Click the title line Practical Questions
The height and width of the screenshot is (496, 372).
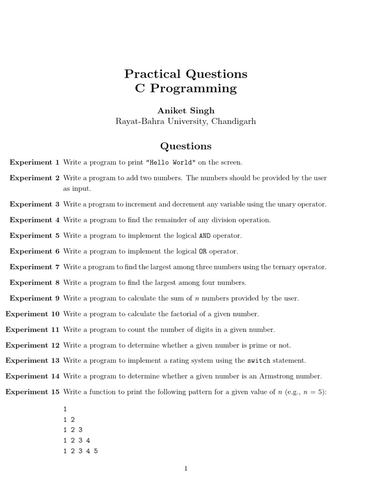(x=186, y=74)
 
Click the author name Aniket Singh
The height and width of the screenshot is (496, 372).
(x=186, y=110)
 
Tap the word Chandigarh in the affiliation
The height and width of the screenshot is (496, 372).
(x=233, y=122)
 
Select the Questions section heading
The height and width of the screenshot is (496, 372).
(x=186, y=146)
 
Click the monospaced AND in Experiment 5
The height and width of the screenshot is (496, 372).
(x=205, y=236)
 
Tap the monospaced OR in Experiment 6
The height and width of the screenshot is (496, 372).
(x=203, y=251)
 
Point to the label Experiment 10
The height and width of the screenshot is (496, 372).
(x=32, y=314)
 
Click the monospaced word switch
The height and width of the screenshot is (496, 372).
(x=259, y=361)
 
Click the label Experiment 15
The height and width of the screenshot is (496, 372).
(x=32, y=392)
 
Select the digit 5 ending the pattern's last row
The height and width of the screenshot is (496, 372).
(x=96, y=451)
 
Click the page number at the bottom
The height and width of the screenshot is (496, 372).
(x=186, y=468)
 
